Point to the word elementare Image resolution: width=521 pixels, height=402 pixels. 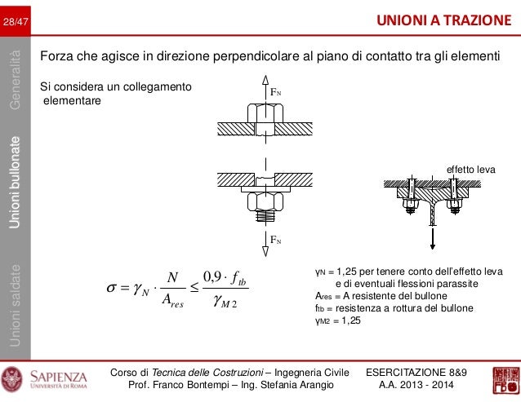[x=72, y=101]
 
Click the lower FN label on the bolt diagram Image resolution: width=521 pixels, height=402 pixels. [x=278, y=240]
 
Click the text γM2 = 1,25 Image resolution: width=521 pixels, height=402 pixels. [x=337, y=320]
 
